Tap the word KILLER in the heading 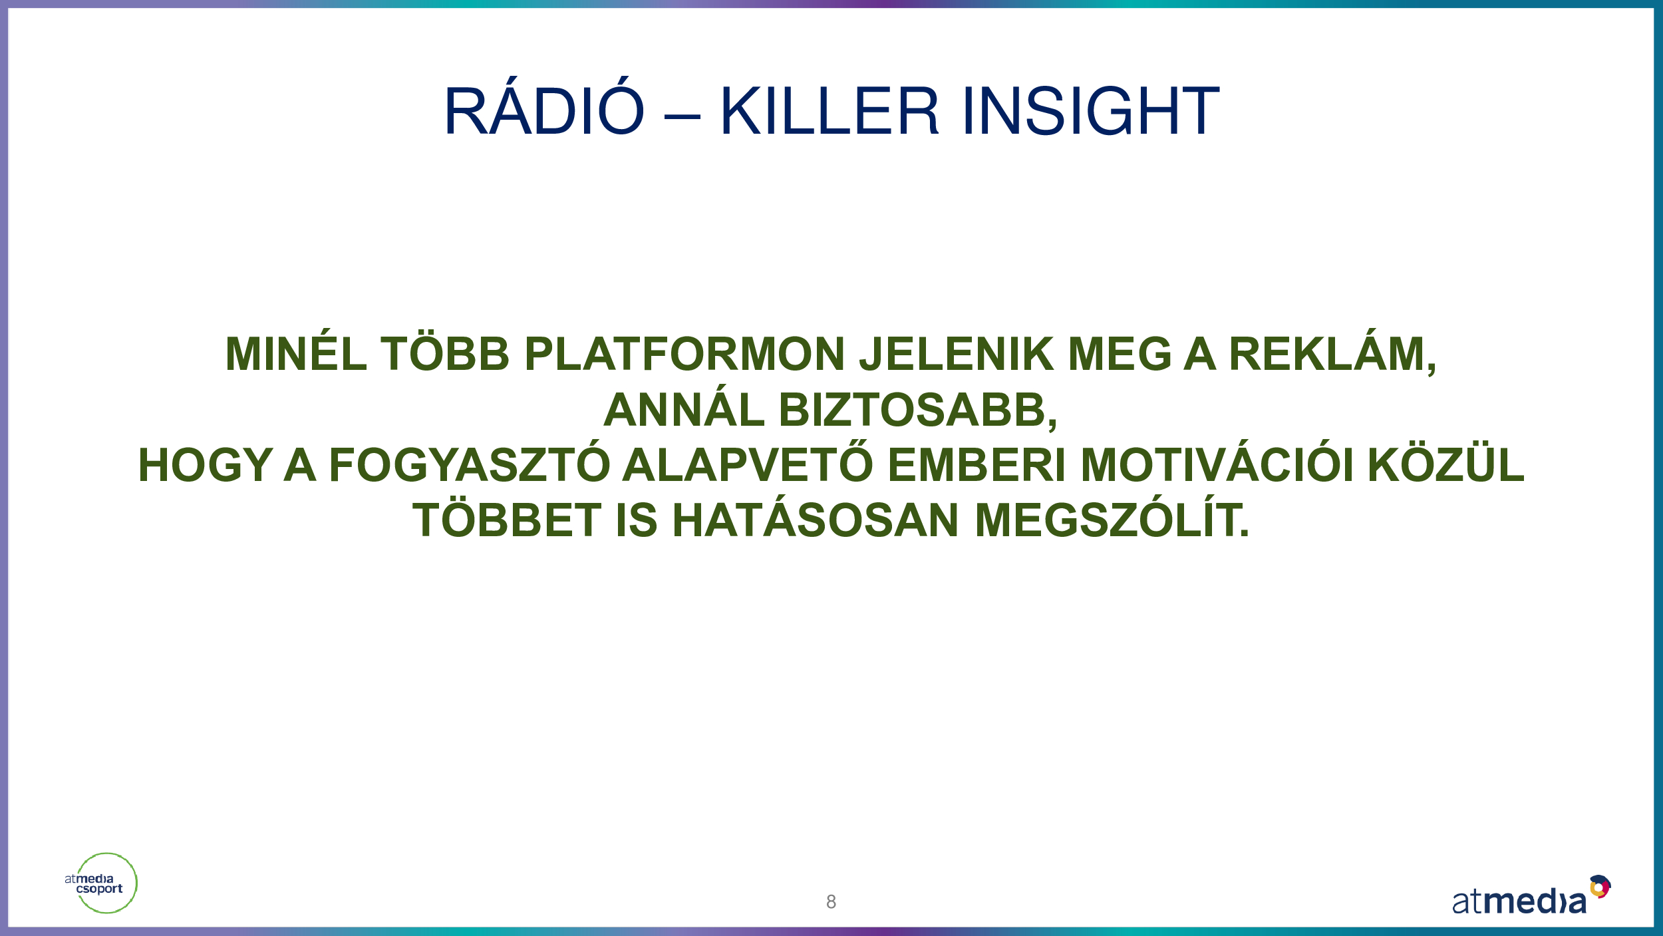coord(829,110)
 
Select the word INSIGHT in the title coord(1090,110)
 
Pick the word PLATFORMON coord(684,353)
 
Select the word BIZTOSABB coord(918,410)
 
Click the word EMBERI coord(977,464)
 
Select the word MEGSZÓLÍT coord(1112,516)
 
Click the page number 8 coord(831,901)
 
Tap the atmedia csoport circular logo coord(103,883)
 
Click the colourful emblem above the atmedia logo coord(1600,886)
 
